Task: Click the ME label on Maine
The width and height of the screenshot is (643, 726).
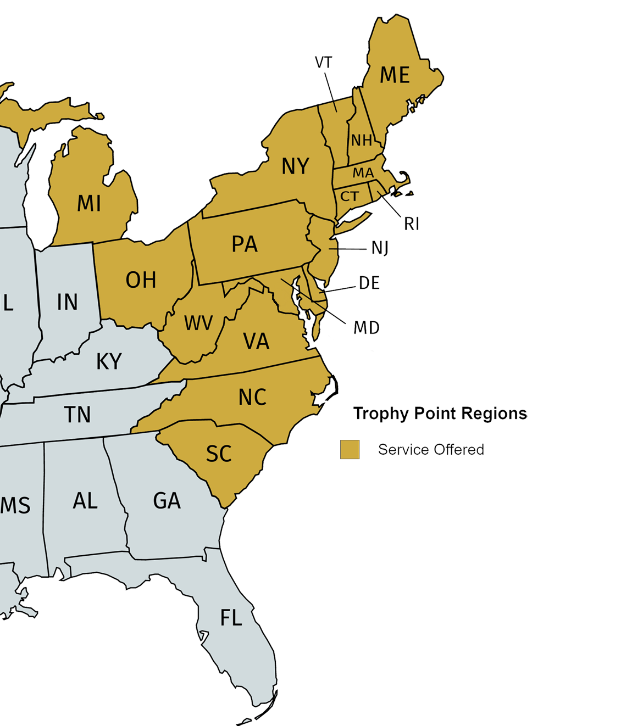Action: click(x=395, y=75)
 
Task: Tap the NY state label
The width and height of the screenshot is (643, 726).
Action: click(x=295, y=166)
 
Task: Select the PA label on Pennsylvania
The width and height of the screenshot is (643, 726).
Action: click(x=245, y=244)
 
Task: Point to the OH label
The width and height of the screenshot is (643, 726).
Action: click(x=141, y=280)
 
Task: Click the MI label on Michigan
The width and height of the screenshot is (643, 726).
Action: click(x=88, y=204)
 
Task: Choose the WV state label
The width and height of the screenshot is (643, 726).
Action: click(x=198, y=323)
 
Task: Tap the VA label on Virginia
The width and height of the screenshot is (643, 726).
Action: click(x=256, y=342)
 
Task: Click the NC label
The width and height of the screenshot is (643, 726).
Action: click(x=252, y=397)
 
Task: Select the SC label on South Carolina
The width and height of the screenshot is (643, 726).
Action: click(x=219, y=454)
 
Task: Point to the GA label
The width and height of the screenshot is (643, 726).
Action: click(x=167, y=501)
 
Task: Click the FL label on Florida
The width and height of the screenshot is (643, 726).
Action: click(x=231, y=618)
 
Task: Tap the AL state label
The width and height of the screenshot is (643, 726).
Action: click(x=85, y=501)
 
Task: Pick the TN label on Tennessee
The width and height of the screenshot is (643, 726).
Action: click(x=77, y=415)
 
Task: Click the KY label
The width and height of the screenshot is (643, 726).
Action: click(x=109, y=362)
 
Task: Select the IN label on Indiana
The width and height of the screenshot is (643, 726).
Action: click(x=67, y=302)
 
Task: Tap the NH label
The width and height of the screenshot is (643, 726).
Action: click(x=362, y=141)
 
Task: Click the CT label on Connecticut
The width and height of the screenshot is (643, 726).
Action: click(x=350, y=196)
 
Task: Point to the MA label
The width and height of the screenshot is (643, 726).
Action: click(x=363, y=173)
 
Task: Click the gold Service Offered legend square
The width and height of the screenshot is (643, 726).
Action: click(x=350, y=449)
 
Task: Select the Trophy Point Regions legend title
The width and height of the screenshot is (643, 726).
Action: click(x=440, y=413)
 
